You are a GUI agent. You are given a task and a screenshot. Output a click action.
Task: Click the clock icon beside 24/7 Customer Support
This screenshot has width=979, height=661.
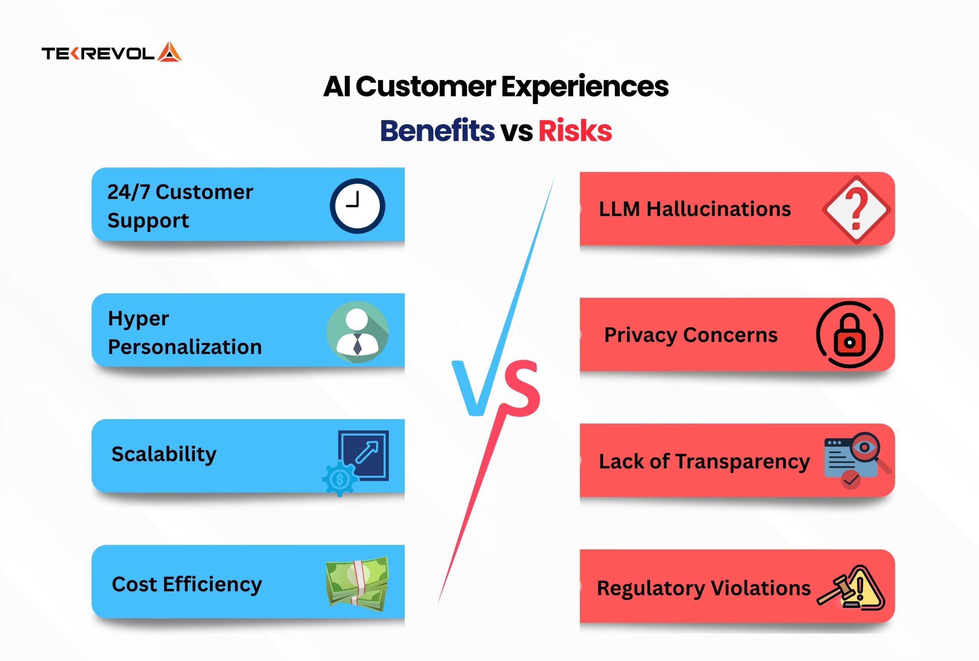pos(357,206)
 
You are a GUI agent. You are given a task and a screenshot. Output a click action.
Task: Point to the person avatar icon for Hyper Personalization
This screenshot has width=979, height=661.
pos(357,332)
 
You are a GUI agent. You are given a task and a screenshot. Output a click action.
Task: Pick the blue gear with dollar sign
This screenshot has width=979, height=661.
pos(340,479)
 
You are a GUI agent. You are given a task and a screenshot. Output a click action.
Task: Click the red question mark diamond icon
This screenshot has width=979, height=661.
pos(856,209)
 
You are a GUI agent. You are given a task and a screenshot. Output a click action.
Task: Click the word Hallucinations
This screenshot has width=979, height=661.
pos(719,209)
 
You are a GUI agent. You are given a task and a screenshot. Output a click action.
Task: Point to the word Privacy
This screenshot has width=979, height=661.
pos(640,336)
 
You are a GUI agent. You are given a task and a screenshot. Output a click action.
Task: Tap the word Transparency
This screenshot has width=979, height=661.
pos(743,462)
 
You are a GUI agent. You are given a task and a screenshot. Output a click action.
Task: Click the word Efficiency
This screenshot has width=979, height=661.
pos(212,585)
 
